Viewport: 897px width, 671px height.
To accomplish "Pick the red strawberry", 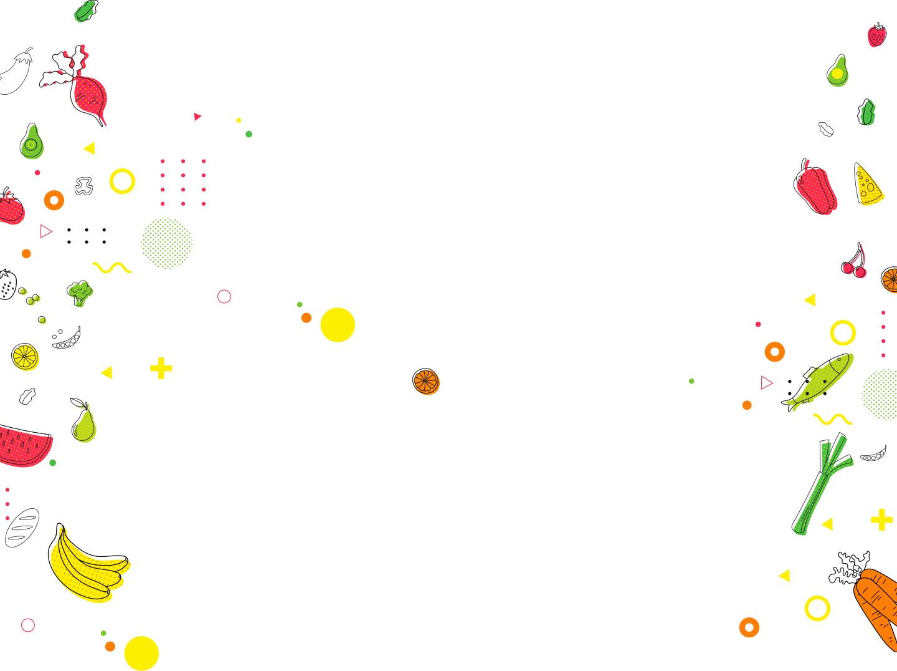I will pos(877,36).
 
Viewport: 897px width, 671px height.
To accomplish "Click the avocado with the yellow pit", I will pos(837,72).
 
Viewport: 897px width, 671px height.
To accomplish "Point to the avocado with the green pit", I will pos(32,143).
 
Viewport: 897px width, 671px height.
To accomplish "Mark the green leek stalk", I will pos(821,486).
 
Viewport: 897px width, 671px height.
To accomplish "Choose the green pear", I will pos(84,424).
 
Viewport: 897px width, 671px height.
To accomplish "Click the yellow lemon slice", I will pos(26,357).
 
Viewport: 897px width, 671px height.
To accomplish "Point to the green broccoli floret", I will pos(80,292).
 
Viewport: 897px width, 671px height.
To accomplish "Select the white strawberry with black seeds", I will pos(7,285).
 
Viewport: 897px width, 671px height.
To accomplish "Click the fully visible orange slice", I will pos(426,382).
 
